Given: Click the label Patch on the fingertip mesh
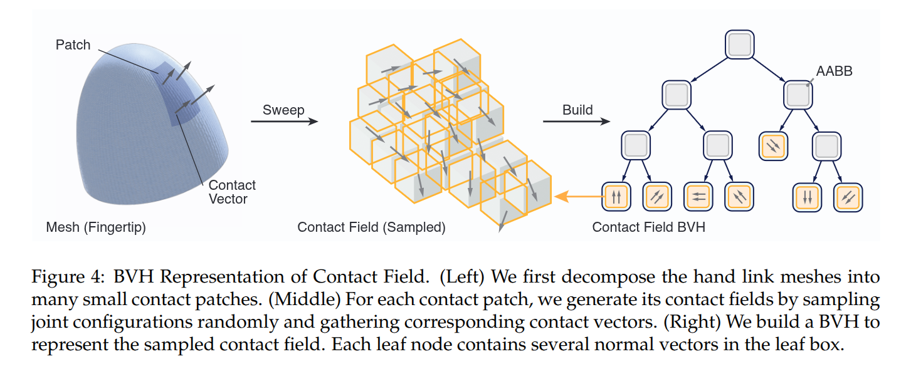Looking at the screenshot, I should [73, 45].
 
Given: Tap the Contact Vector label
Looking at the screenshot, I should [232, 192].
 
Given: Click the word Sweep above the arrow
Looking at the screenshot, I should [283, 110].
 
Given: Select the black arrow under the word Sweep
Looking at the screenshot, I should [284, 122].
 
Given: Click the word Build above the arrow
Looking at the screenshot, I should [577, 110].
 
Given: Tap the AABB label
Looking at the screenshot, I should [835, 71].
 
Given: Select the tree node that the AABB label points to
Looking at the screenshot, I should [798, 95].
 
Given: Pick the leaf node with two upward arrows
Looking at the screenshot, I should [616, 197].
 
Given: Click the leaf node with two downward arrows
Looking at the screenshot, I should [807, 197].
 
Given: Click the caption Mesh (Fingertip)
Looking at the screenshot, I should [96, 227].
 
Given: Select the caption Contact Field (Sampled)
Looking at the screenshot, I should [371, 227].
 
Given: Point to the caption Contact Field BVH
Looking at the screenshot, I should [648, 227].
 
